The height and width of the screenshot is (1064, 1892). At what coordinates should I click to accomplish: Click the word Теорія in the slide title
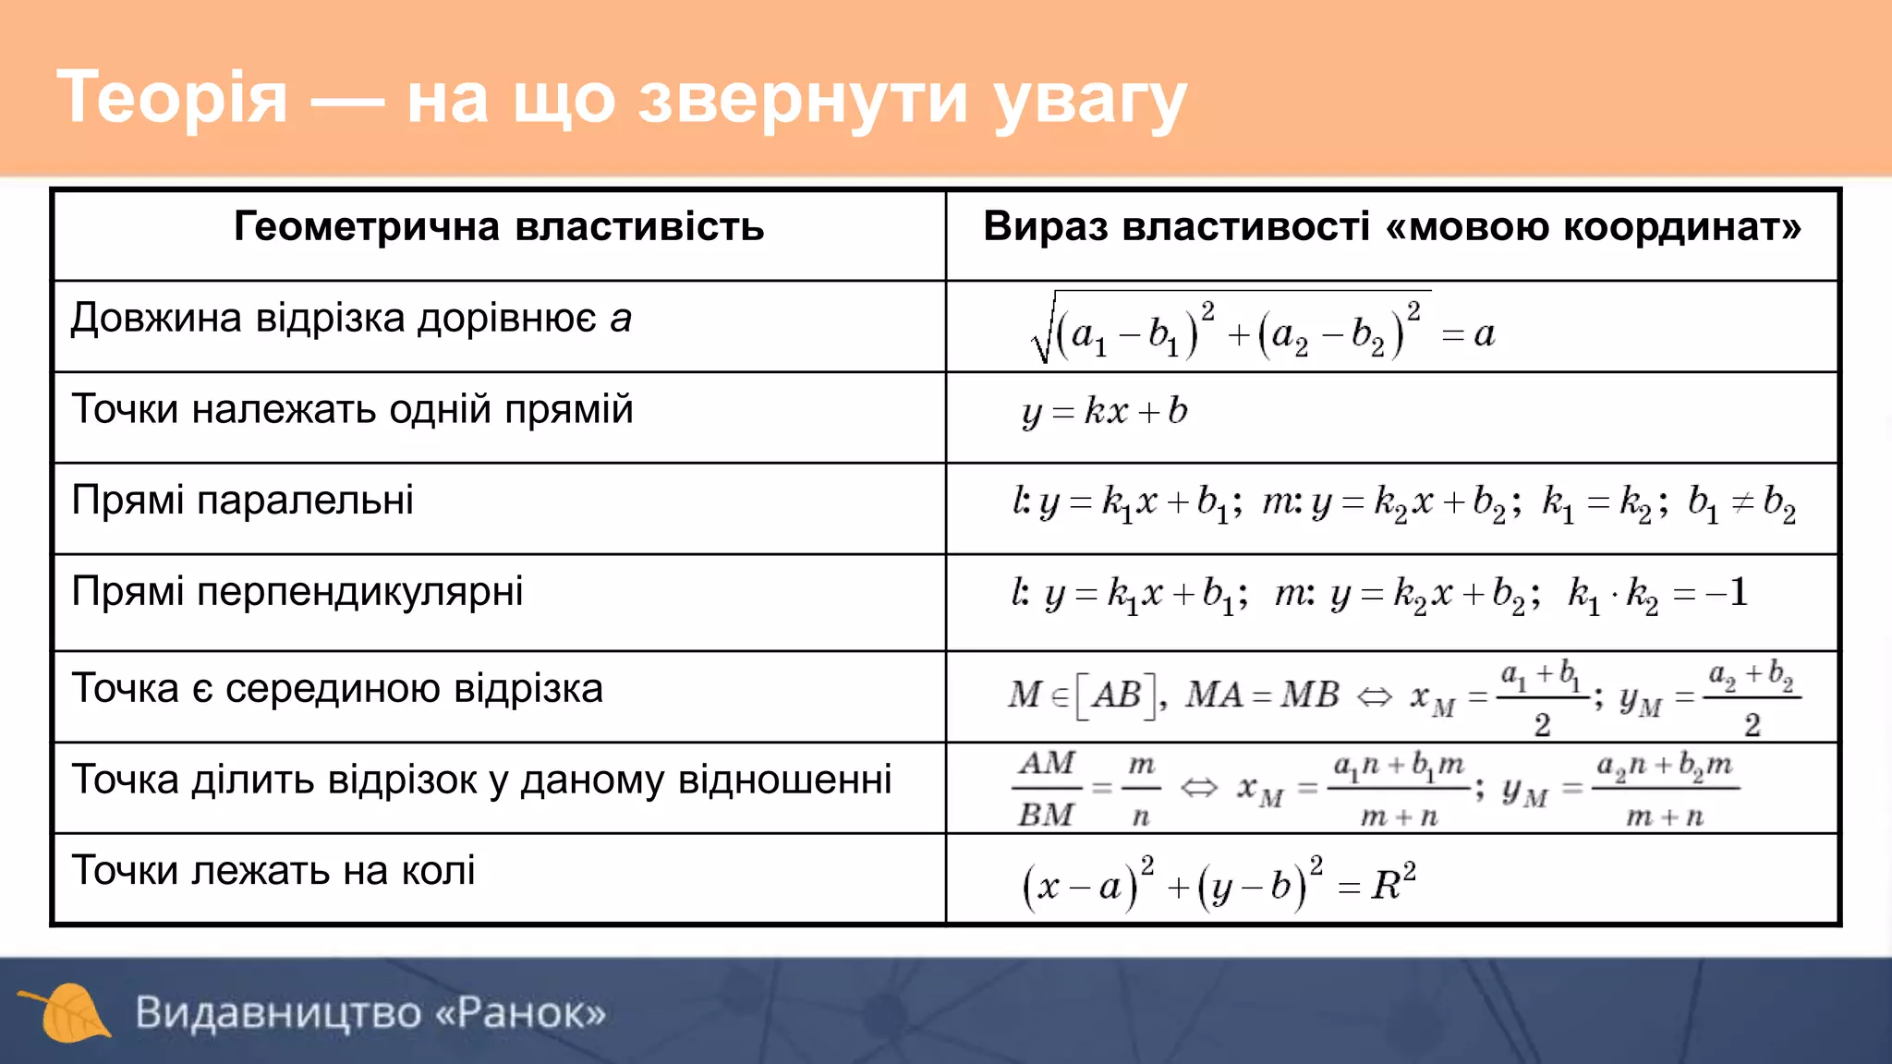(173, 98)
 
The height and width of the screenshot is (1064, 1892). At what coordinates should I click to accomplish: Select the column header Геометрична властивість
(499, 227)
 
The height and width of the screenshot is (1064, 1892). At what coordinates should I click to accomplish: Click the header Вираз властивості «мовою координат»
(1391, 227)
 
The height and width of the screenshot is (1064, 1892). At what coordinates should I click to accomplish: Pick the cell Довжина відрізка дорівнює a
(351, 319)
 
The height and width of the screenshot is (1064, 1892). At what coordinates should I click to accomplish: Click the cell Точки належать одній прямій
(352, 409)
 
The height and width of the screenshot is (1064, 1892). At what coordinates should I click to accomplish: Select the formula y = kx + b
(1105, 411)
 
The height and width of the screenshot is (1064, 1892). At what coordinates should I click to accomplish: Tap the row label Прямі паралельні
(242, 501)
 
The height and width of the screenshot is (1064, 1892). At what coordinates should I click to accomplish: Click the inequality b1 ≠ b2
(1741, 503)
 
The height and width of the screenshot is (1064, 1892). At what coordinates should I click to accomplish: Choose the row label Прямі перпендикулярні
(297, 591)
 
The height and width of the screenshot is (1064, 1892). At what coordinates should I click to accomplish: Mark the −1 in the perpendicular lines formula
(1727, 593)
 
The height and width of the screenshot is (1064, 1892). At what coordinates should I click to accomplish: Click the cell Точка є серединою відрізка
(337, 689)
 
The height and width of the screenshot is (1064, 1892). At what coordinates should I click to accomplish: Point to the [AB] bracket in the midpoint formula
(1117, 695)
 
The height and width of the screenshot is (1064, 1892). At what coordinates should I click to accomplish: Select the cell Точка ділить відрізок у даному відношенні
(481, 780)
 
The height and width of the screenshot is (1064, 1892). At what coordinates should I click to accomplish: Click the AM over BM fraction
(1047, 789)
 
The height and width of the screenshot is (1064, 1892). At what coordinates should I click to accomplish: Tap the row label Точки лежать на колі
(273, 871)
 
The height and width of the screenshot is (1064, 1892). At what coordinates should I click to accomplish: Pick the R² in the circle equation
(1392, 883)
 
